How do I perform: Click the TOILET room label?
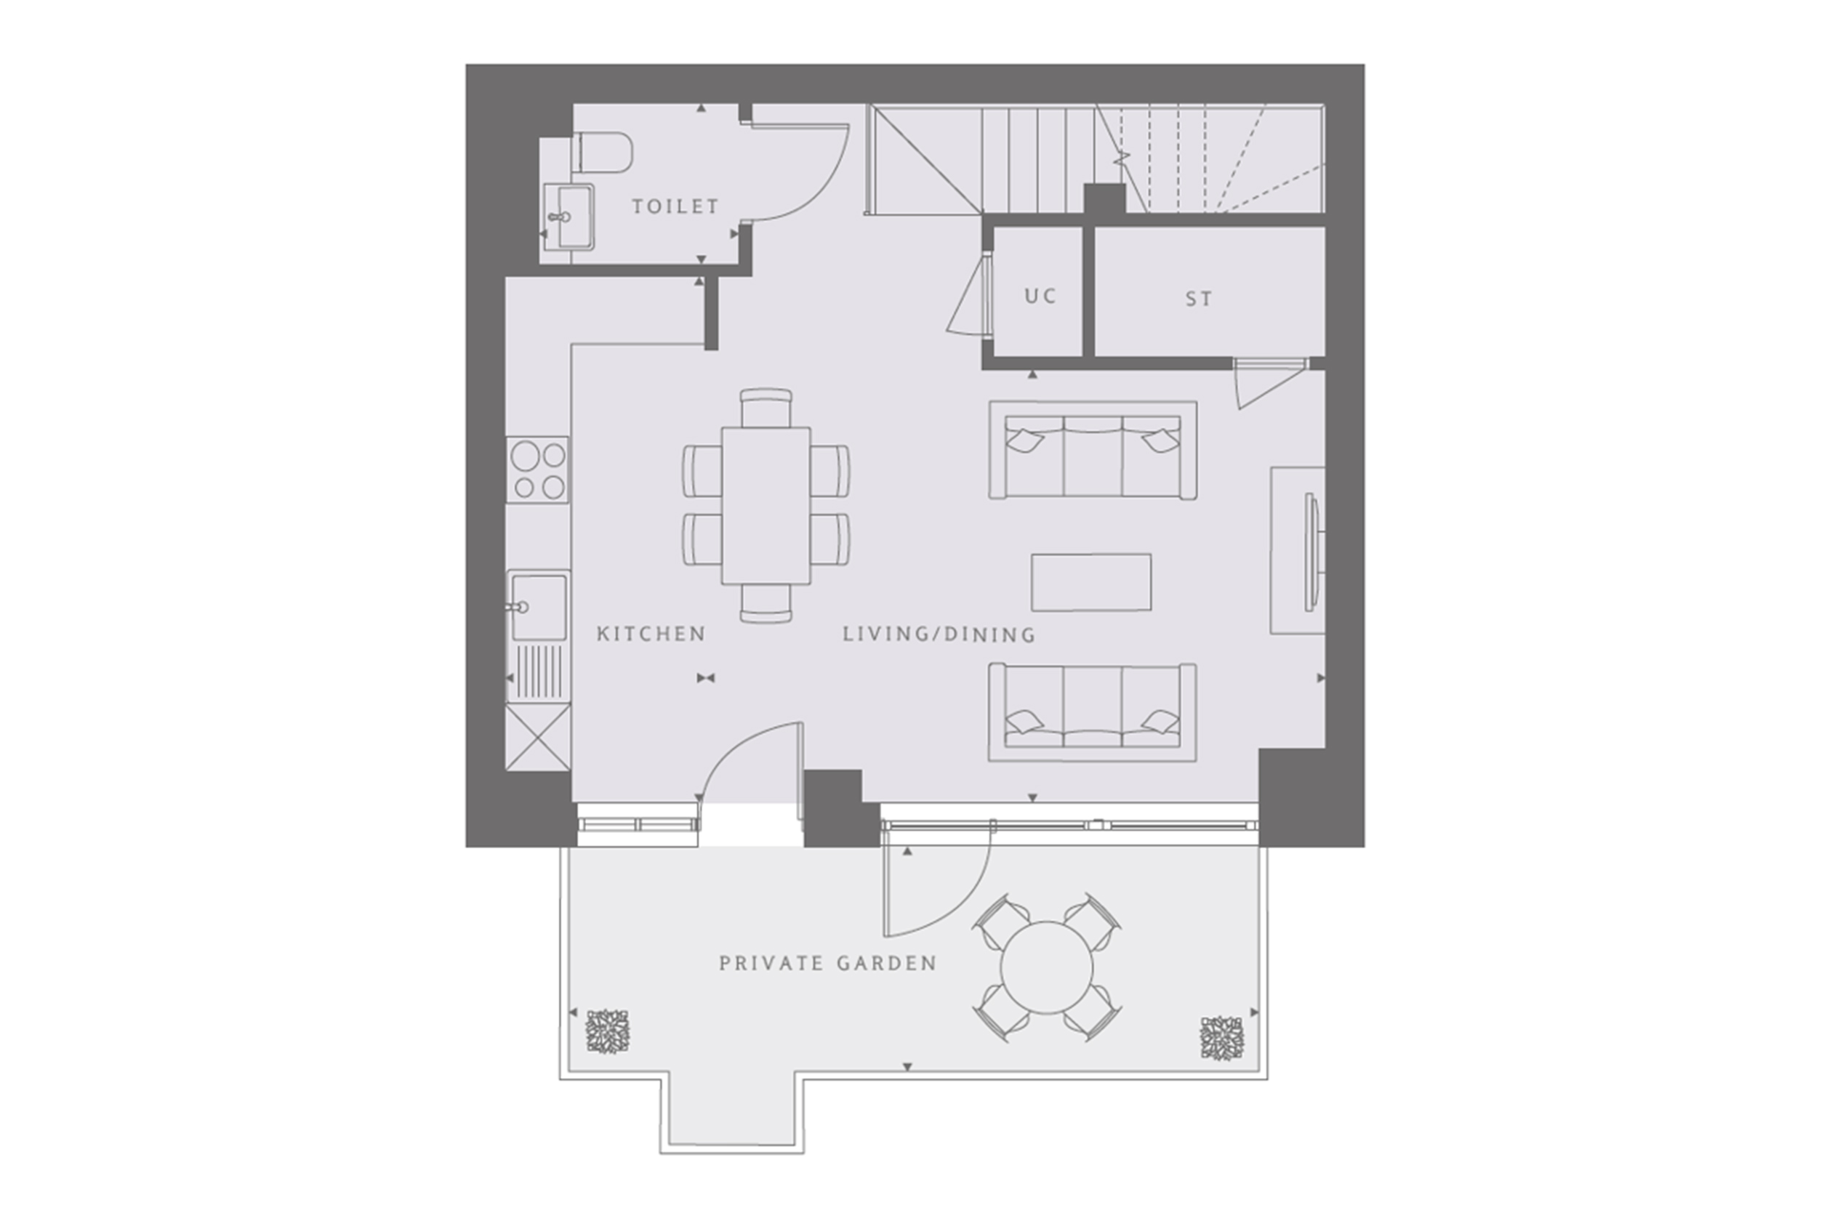pos(675,206)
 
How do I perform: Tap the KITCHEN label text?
pos(651,634)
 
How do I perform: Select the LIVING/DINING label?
pos(939,634)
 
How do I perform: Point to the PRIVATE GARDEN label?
pos(828,963)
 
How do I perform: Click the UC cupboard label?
pos(1040,296)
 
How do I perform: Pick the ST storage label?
pos(1199,299)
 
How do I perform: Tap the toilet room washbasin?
pos(568,217)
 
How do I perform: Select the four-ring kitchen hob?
pos(537,470)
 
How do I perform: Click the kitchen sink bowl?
pos(537,607)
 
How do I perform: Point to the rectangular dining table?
pos(766,505)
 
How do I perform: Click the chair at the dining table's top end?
pos(766,407)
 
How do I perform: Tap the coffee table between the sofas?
pos(1091,582)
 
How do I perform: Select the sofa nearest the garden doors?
pos(1092,712)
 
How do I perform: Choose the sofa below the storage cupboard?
pos(1092,450)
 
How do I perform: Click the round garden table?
pos(1047,968)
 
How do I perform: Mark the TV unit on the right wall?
pos(1298,549)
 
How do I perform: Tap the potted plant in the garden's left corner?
pos(608,1032)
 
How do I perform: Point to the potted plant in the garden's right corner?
pos(1222,1037)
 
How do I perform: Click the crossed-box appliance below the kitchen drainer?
pos(537,738)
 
